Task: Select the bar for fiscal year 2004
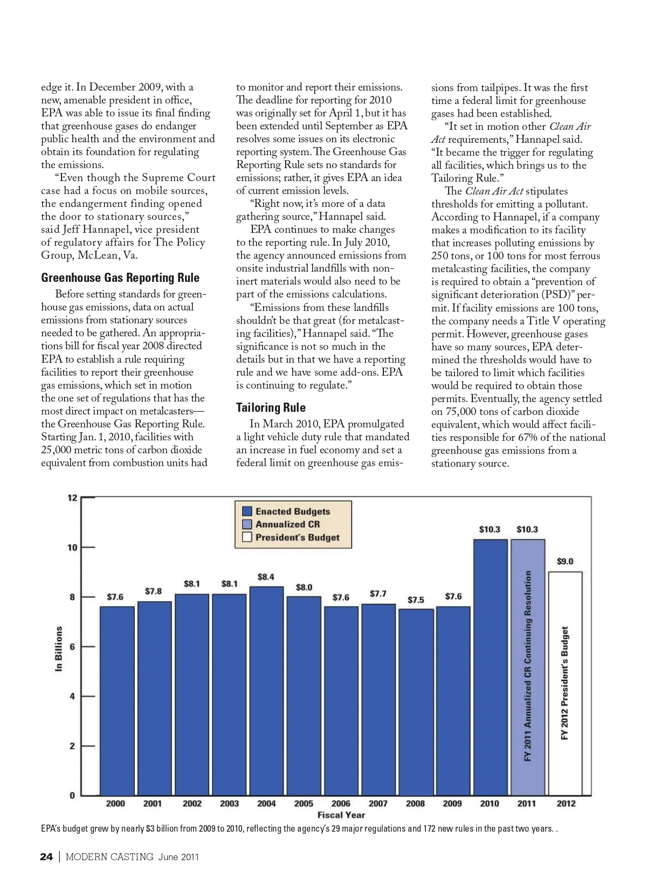coord(266,690)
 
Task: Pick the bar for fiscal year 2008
coord(416,701)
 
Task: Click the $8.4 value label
coord(266,577)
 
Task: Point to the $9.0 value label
coord(565,561)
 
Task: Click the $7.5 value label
coord(416,599)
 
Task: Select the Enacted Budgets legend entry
coord(292,511)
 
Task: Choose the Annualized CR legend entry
coord(287,524)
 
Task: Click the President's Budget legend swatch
coord(247,537)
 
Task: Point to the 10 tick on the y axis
coord(72,547)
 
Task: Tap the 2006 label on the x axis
coord(341,803)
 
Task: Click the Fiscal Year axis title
coord(341,815)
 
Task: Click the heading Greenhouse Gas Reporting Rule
coord(120,278)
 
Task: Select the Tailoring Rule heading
coord(271,407)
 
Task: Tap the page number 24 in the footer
coord(46,856)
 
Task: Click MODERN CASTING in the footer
coord(109,856)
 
